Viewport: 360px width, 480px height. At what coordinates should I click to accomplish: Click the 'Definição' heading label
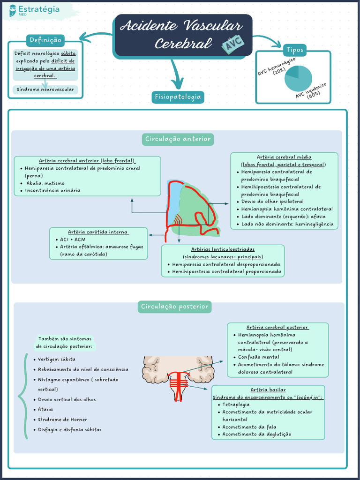pyautogui.click(x=45, y=40)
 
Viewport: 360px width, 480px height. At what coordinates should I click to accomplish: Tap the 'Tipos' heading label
pyautogui.click(x=294, y=50)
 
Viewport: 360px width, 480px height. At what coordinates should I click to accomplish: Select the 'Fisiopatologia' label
pyautogui.click(x=178, y=97)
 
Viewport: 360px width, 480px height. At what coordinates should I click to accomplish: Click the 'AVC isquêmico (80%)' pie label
pyautogui.click(x=311, y=90)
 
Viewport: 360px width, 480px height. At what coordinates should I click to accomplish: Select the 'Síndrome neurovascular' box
pyautogui.click(x=45, y=89)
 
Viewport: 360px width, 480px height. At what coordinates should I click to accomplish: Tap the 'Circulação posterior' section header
pyautogui.click(x=174, y=307)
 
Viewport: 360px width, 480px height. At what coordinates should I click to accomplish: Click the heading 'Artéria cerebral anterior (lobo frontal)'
pyautogui.click(x=87, y=161)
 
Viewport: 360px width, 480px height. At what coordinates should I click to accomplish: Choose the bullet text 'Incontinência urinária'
pyautogui.click(x=53, y=190)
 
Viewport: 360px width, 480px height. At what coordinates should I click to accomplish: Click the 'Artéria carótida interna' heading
pyautogui.click(x=98, y=232)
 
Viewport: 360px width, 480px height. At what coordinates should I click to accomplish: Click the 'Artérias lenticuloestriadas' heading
pyautogui.click(x=223, y=249)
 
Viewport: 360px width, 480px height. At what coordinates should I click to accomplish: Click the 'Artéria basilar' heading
pyautogui.click(x=268, y=390)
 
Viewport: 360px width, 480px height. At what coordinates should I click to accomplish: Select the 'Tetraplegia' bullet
pyautogui.click(x=236, y=404)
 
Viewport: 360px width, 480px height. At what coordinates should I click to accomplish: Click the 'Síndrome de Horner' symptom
pyautogui.click(x=62, y=420)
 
